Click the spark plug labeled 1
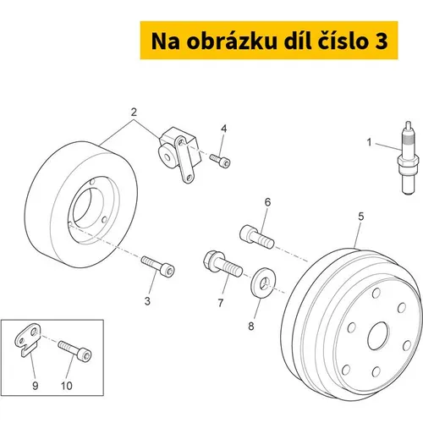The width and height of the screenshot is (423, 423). (408, 158)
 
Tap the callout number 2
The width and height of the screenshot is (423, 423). (134, 113)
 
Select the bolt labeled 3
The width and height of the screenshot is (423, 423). (158, 266)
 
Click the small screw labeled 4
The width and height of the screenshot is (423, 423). (220, 161)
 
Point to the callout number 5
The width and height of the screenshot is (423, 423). (361, 217)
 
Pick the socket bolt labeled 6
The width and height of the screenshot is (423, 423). (257, 237)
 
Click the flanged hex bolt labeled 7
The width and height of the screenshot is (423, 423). (222, 263)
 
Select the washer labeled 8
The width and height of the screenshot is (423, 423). (261, 283)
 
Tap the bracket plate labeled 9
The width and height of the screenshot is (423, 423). (28, 339)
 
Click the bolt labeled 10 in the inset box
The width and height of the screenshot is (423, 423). (74, 351)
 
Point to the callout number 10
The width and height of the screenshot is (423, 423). (67, 386)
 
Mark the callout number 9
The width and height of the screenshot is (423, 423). (36, 386)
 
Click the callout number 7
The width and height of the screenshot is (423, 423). (221, 303)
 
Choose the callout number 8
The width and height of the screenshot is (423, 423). (251, 327)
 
